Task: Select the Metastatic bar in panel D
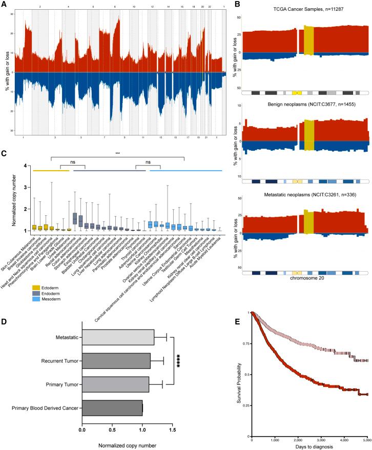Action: pyautogui.click(x=118, y=337)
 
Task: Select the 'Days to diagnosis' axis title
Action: pyautogui.click(x=308, y=446)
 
